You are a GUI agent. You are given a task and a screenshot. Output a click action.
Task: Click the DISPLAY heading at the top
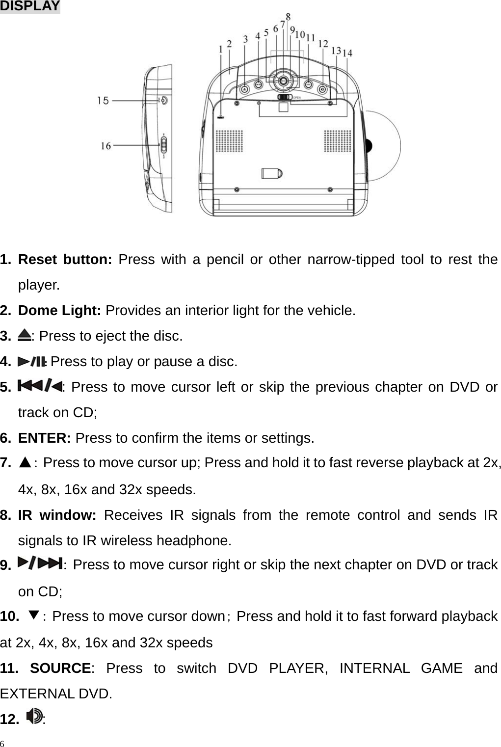[x=29, y=6]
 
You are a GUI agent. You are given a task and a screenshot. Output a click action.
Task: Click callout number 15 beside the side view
[x=103, y=101]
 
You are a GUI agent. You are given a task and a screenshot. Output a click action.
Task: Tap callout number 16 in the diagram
[x=105, y=146]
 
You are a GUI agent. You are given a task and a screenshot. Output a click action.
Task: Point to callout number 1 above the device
[x=221, y=49]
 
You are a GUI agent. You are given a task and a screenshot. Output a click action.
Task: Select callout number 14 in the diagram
[x=347, y=53]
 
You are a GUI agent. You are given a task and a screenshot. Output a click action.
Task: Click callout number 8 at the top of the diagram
[x=288, y=16]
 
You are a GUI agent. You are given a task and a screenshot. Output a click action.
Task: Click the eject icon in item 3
[x=24, y=336]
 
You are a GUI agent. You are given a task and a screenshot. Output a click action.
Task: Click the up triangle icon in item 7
[x=26, y=462]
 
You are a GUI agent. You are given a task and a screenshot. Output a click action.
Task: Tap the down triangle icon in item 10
[x=33, y=615]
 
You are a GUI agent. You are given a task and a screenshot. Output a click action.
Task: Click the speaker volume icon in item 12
[x=34, y=717]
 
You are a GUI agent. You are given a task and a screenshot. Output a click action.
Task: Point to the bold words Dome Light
[x=59, y=310]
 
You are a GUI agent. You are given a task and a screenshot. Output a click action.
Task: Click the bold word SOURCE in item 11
[x=60, y=668]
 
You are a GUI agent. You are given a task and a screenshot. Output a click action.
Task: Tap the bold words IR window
[x=57, y=515]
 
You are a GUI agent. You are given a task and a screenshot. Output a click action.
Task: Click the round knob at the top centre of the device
[x=283, y=81]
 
